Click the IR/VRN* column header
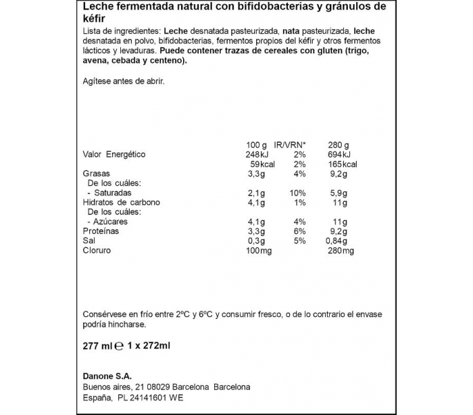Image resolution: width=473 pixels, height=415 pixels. click(x=291, y=145)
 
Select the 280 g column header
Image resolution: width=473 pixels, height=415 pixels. click(x=339, y=145)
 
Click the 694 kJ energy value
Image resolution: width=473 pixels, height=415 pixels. click(x=339, y=154)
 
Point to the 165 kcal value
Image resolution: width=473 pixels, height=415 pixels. click(x=342, y=164)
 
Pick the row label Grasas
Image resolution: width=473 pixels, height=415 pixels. click(x=96, y=174)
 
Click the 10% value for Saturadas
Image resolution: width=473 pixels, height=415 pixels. click(x=297, y=193)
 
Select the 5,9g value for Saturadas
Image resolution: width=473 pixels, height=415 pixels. click(x=338, y=193)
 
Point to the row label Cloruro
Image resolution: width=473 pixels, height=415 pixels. click(x=97, y=250)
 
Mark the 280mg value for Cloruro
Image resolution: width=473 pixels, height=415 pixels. click(x=339, y=250)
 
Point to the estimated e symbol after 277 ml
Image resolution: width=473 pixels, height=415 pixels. click(x=119, y=346)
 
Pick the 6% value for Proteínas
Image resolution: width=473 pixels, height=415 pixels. click(x=299, y=231)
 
